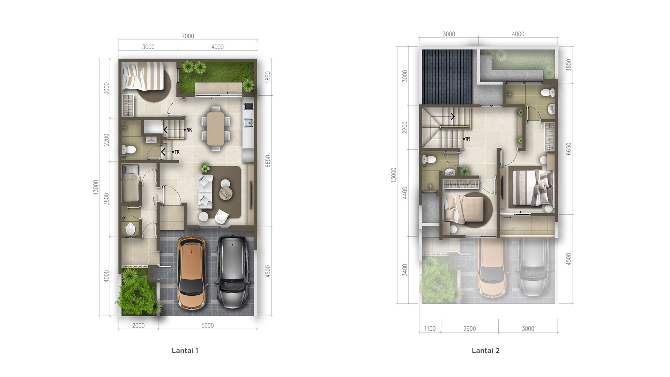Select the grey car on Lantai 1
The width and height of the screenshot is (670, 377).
tap(233, 272)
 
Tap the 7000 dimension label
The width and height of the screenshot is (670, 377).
tap(188, 36)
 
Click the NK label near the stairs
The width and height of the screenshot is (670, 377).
tap(189, 130)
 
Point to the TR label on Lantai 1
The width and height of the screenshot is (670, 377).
tap(177, 152)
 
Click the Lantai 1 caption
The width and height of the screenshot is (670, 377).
tap(185, 350)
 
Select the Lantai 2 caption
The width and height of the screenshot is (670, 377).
tap(485, 350)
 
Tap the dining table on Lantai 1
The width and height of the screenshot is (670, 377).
tap(215, 128)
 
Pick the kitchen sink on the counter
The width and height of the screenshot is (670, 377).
tap(248, 122)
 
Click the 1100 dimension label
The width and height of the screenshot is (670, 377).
tap(430, 329)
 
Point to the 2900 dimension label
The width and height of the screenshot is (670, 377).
tap(469, 329)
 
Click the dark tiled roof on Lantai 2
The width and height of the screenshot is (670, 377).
tap(447, 77)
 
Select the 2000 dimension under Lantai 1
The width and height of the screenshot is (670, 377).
tap(138, 325)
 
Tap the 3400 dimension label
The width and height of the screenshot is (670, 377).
tap(405, 270)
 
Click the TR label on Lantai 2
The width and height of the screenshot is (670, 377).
tap(468, 139)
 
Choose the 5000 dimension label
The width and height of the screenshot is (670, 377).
tap(207, 325)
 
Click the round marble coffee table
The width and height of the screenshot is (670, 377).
tap(225, 193)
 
